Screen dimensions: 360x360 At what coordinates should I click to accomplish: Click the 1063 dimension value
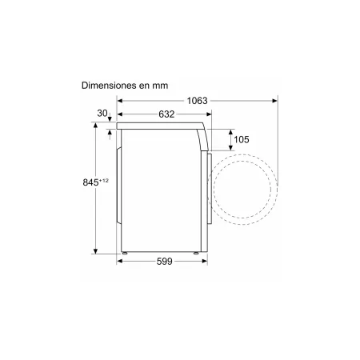tap(197, 101)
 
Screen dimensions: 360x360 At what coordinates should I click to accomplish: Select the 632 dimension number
tap(166, 114)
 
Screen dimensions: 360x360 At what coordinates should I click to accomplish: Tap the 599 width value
tap(165, 262)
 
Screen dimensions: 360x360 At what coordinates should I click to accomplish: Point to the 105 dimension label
tap(242, 139)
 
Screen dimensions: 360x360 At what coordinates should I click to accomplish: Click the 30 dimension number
tap(102, 114)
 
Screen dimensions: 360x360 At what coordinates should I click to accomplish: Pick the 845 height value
tap(90, 182)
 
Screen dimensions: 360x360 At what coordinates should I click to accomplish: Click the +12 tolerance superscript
tap(104, 181)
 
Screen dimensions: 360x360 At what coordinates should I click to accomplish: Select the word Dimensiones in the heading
tap(108, 86)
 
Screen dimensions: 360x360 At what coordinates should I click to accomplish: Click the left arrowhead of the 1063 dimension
tap(120, 101)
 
